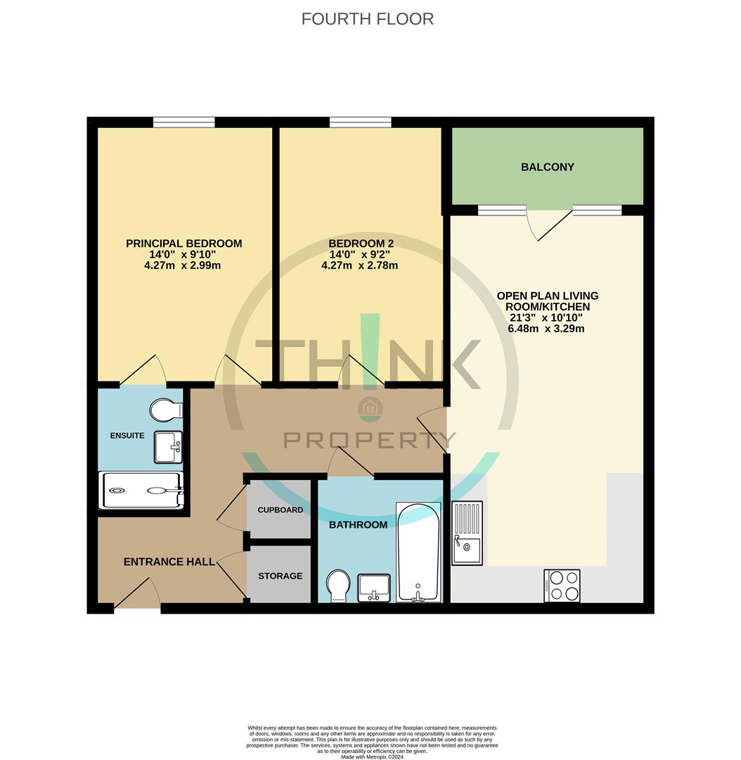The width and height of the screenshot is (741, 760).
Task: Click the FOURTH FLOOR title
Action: point(367,19)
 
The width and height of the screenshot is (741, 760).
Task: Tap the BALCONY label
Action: point(547,167)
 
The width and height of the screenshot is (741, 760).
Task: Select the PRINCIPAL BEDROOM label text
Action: point(183,243)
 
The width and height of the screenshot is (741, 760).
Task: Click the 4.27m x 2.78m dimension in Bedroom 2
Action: point(359,265)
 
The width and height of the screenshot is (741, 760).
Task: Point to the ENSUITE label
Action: point(127,436)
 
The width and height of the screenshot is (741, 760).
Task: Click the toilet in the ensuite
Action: point(167,410)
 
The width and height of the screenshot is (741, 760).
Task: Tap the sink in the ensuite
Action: point(167,448)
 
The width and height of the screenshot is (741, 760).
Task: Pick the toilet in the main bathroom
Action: point(338,585)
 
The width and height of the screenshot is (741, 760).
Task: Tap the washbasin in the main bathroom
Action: point(374,587)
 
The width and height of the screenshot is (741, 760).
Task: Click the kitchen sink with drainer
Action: point(467,533)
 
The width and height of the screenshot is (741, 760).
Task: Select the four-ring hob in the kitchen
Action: point(562,585)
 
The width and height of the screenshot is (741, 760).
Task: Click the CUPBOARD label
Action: point(280,510)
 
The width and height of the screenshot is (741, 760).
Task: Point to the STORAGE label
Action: point(280,576)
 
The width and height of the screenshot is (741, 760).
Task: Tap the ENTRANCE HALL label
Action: point(169,562)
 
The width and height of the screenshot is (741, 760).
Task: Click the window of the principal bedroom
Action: point(183,122)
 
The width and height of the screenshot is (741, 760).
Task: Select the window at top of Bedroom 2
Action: point(360,122)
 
